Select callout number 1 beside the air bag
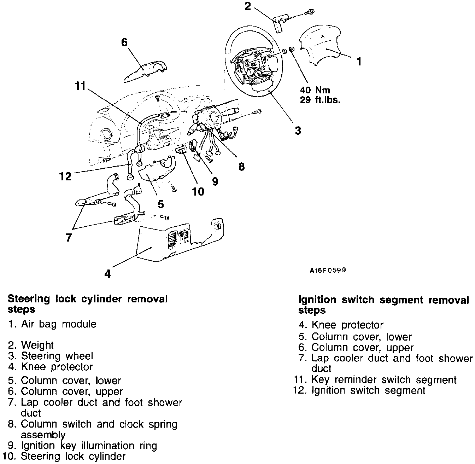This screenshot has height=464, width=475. pyautogui.click(x=359, y=62)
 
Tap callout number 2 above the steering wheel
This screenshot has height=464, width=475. pyautogui.click(x=248, y=6)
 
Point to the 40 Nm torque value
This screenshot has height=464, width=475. pyautogui.click(x=315, y=90)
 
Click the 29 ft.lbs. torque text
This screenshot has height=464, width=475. pyautogui.click(x=320, y=100)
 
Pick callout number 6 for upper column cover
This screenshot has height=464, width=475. pyautogui.click(x=124, y=42)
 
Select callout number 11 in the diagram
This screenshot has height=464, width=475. pyautogui.click(x=80, y=86)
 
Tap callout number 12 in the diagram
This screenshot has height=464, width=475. pyautogui.click(x=66, y=176)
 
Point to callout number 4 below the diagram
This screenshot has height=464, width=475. pyautogui.click(x=108, y=273)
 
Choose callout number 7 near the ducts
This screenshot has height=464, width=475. pyautogui.click(x=69, y=237)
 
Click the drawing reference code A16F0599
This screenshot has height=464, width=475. pyautogui.click(x=328, y=270)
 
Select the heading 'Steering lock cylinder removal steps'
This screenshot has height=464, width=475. pyautogui.click(x=87, y=304)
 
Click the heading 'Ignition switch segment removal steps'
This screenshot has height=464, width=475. pyautogui.click(x=383, y=305)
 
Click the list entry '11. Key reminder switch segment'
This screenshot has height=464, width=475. pyautogui.click(x=375, y=380)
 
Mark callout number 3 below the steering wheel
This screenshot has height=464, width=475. pyautogui.click(x=298, y=130)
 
